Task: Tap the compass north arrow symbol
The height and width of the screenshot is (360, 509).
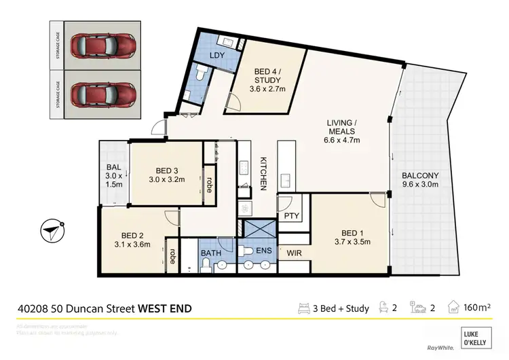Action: click(52, 230)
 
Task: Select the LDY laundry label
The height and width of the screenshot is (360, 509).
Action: click(217, 55)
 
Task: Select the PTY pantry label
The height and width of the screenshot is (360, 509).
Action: click(292, 216)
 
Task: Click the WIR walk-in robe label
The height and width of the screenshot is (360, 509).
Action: click(293, 254)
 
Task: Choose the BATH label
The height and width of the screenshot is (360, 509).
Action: click(210, 254)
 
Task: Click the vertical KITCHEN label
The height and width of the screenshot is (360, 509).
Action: click(265, 174)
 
